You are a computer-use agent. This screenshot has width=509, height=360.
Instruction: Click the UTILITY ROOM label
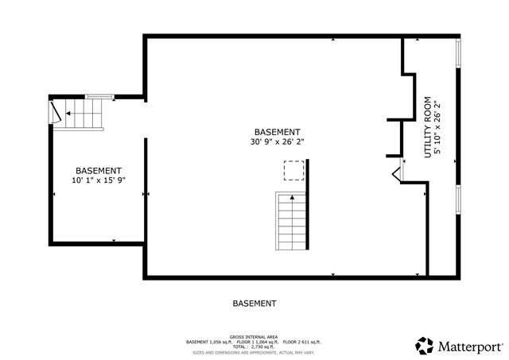pos(427,127)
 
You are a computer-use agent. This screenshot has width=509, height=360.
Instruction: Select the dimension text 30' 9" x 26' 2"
pos(277,142)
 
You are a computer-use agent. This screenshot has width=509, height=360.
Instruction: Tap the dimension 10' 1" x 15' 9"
pos(99,181)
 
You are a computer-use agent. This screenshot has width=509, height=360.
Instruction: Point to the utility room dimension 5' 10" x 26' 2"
pos(437,127)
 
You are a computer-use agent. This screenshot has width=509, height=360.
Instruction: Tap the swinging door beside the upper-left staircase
pos(55,111)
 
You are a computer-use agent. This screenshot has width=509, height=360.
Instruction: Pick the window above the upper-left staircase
pos(98,97)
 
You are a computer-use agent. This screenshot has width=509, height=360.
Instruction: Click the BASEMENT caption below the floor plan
pos(254,304)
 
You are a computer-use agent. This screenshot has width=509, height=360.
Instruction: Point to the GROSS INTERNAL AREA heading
pos(254,337)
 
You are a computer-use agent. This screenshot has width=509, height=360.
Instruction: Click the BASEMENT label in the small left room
pos(99,171)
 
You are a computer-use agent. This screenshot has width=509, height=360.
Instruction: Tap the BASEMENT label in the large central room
pos(277,132)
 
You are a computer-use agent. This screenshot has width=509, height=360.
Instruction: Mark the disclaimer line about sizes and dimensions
pos(254,353)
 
